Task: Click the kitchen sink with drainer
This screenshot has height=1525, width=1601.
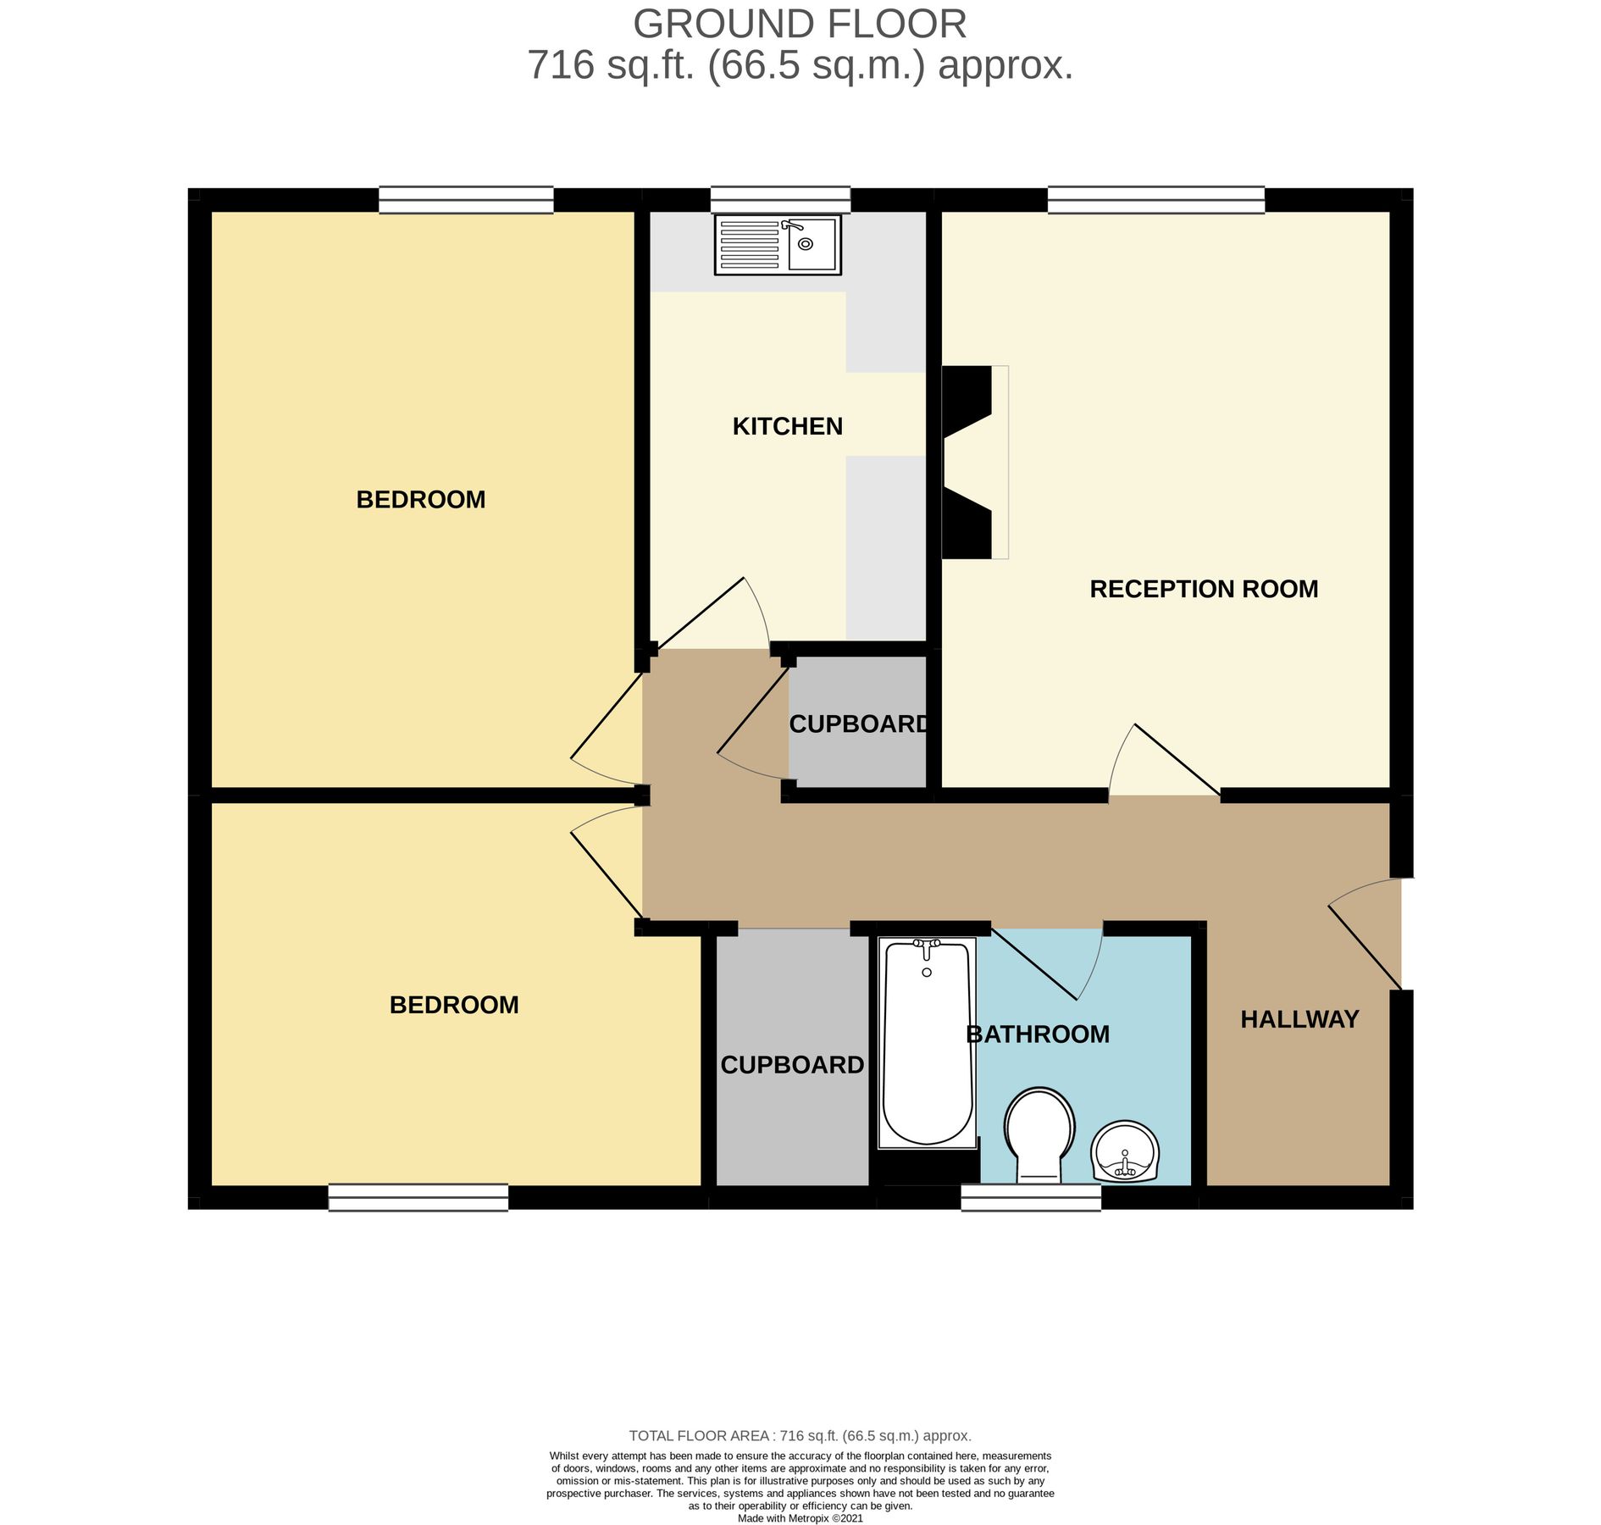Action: pyautogui.click(x=778, y=245)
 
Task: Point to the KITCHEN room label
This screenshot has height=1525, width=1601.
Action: pyautogui.click(x=787, y=426)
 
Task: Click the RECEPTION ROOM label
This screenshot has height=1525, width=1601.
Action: pyautogui.click(x=1203, y=589)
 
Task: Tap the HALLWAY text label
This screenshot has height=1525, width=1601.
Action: pyautogui.click(x=1299, y=1019)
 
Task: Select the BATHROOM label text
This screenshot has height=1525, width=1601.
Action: pyautogui.click(x=1038, y=1034)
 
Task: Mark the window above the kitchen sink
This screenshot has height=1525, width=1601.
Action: pyautogui.click(x=779, y=200)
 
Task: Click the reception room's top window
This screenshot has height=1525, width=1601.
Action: pyautogui.click(x=1155, y=200)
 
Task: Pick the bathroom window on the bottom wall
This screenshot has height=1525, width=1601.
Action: pyautogui.click(x=1030, y=1197)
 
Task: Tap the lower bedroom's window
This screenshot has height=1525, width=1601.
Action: pyautogui.click(x=418, y=1197)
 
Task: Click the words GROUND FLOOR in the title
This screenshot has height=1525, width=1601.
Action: pyautogui.click(x=799, y=24)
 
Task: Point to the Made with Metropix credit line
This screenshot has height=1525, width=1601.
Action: pyautogui.click(x=800, y=1518)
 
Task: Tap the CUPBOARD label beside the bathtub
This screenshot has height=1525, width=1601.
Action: pyautogui.click(x=791, y=1065)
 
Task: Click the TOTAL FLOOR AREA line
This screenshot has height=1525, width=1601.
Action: pyautogui.click(x=800, y=1435)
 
